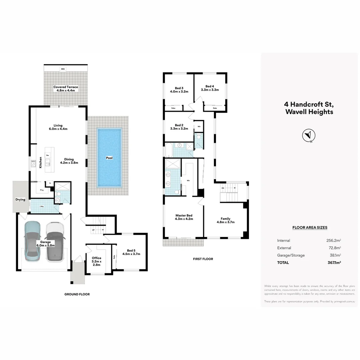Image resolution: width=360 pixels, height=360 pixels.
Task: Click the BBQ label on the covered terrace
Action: (x=62, y=69)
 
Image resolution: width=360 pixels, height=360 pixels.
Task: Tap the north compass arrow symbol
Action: (x=308, y=135)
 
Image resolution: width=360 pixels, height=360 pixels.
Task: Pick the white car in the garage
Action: (x=55, y=241)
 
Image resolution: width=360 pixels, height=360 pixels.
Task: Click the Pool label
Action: (x=109, y=158)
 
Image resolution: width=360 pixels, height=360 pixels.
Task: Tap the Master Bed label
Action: (x=184, y=217)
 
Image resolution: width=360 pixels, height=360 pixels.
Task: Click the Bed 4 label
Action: (x=210, y=88)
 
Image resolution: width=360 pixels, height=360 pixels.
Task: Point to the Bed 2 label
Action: (x=179, y=127)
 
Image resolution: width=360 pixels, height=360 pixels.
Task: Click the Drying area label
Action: (x=20, y=200)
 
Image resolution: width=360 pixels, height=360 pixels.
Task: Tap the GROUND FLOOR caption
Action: (x=77, y=294)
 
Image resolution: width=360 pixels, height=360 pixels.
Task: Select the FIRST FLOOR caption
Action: (x=203, y=259)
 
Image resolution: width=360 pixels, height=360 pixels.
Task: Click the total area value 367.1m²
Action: (x=334, y=262)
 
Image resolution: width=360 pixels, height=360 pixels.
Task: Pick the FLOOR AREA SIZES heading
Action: (x=310, y=228)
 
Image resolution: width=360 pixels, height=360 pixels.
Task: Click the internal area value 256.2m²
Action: (x=334, y=240)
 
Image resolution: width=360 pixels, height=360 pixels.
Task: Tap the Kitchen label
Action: (x=41, y=162)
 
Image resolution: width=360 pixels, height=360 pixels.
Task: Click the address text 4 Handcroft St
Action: (x=309, y=104)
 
